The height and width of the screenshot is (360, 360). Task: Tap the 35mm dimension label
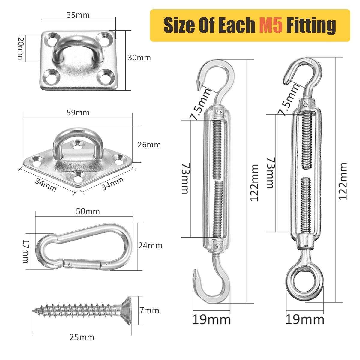(x=78, y=15)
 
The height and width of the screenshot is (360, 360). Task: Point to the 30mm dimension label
(x=139, y=58)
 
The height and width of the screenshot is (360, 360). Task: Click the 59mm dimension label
(x=78, y=112)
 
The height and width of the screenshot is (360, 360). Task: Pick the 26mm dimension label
(x=149, y=145)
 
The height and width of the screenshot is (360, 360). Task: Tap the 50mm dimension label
(x=88, y=211)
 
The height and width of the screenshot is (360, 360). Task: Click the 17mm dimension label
(x=26, y=251)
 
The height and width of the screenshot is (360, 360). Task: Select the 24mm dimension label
(x=150, y=246)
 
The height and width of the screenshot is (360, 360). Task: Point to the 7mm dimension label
(x=149, y=310)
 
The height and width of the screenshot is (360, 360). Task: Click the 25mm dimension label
(x=82, y=337)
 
